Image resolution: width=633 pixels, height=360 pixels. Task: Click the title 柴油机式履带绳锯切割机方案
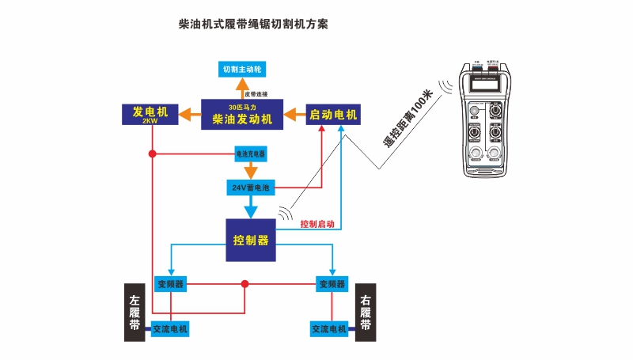pos(253,25)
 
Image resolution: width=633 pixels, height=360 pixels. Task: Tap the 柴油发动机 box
pos(242,115)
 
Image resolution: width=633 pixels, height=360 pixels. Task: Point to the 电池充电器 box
pos(252,153)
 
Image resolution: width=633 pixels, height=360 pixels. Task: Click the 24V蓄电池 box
pos(250,188)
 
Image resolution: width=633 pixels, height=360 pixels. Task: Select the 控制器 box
pos(251,241)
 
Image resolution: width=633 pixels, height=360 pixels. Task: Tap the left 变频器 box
pos(170,283)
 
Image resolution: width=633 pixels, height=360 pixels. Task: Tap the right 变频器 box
pos(332,283)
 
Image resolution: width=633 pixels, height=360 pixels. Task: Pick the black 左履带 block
pos(135,313)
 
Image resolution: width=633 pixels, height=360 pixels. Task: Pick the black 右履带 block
pos(366,313)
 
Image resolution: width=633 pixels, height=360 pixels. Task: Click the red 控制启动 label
pos(317,224)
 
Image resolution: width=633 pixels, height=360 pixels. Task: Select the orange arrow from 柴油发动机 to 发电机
pos(190,115)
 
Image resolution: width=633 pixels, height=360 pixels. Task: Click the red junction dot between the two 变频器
pos(244,283)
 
